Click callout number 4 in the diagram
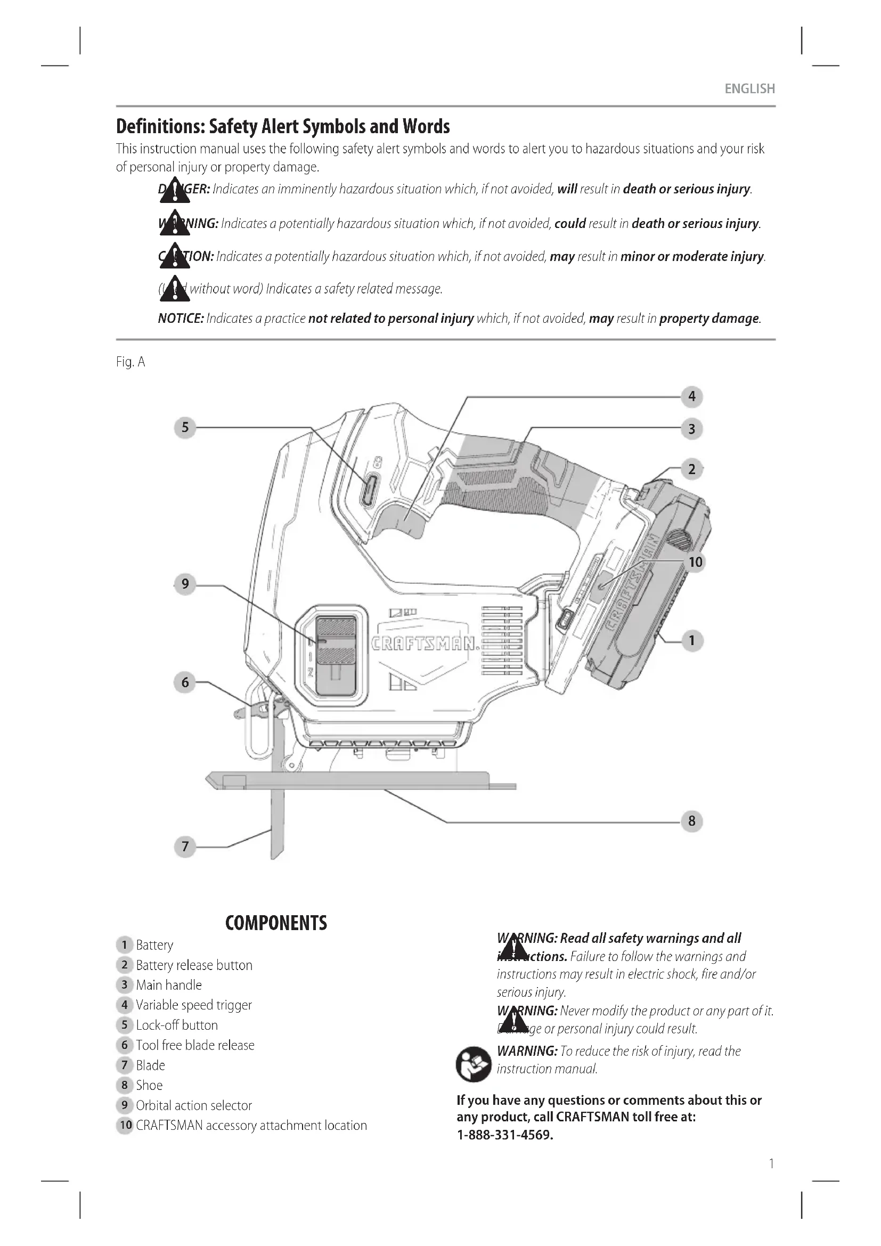click(692, 397)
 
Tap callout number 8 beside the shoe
click(692, 821)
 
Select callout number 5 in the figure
click(185, 428)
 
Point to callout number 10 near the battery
click(696, 562)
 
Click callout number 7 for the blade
click(185, 846)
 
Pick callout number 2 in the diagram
click(692, 469)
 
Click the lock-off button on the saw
click(368, 490)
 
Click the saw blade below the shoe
click(277, 825)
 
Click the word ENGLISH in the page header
click(750, 89)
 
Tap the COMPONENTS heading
click(276, 923)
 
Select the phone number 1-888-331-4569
click(504, 1135)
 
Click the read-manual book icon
click(473, 1064)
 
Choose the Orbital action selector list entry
click(194, 1105)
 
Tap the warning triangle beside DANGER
click(175, 191)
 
